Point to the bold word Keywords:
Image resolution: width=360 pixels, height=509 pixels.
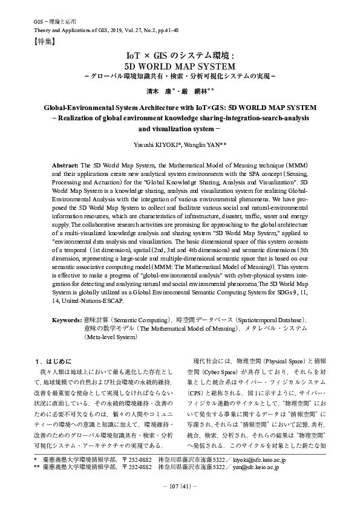click(67, 319)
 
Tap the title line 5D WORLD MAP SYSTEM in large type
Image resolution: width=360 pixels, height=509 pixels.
click(179, 65)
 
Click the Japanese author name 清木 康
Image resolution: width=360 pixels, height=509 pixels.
click(162, 91)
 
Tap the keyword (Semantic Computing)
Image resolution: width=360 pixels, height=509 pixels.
click(137, 319)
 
